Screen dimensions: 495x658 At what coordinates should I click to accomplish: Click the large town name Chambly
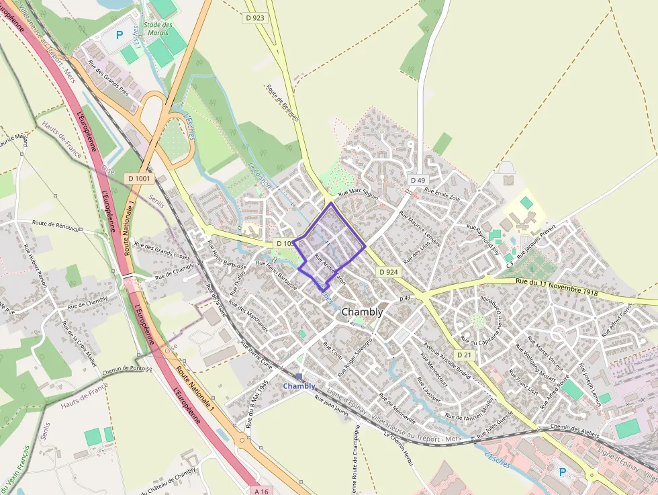[363, 312]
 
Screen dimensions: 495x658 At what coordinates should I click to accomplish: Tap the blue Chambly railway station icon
[299, 377]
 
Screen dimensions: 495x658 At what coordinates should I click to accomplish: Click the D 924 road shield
[388, 272]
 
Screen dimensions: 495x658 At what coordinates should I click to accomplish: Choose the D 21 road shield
[464, 354]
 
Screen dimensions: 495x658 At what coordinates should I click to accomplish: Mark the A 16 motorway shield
[261, 491]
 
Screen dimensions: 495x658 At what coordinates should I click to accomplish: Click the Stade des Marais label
[159, 29]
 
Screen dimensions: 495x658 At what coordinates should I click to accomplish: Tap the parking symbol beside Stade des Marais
[120, 35]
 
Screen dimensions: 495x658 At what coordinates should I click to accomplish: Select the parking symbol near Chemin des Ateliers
[563, 472]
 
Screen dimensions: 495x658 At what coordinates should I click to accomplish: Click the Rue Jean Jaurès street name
[333, 405]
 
